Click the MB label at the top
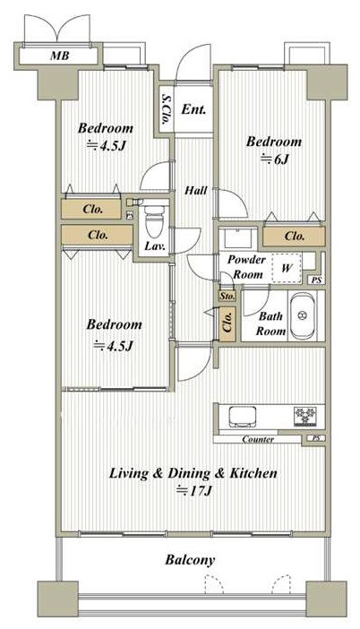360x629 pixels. [x=59, y=56]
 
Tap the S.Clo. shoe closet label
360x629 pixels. [x=167, y=109]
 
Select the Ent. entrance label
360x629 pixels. [x=193, y=109]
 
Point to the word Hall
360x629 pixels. [x=195, y=190]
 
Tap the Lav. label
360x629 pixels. [x=155, y=246]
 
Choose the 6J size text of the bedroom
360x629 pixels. [x=275, y=159]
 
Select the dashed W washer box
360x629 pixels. [x=286, y=268]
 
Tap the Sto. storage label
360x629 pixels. [x=227, y=297]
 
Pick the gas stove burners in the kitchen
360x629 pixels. [x=306, y=416]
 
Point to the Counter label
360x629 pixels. [x=258, y=440]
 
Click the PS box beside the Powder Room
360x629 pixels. [x=317, y=280]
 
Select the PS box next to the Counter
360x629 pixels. [x=316, y=438]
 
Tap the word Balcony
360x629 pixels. [x=190, y=560]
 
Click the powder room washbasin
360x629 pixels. [x=240, y=238]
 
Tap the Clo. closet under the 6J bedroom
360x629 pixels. [x=294, y=237]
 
